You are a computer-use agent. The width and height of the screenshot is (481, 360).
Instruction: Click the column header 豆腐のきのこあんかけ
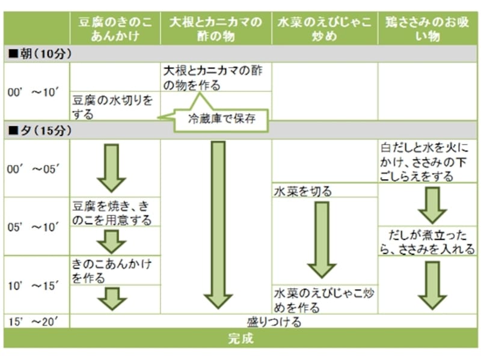coord(114,29)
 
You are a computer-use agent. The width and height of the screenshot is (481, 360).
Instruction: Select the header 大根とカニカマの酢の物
coord(216,29)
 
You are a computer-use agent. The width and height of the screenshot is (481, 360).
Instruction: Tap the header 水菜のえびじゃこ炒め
coord(324,29)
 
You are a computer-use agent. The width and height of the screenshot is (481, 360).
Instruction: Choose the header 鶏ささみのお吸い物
coord(428,29)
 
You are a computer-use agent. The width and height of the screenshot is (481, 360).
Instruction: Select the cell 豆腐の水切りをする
coord(112,106)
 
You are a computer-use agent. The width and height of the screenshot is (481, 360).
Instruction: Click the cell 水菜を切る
coord(303,192)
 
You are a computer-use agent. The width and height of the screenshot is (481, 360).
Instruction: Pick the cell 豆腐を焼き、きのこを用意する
coord(112,212)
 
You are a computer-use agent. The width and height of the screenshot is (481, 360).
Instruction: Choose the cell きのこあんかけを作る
coord(112,270)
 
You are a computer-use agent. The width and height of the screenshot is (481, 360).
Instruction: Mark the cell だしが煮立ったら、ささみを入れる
coord(428,240)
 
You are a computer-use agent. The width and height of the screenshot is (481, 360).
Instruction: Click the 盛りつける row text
coord(274,322)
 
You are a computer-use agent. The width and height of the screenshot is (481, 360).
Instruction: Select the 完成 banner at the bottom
coord(240,338)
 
